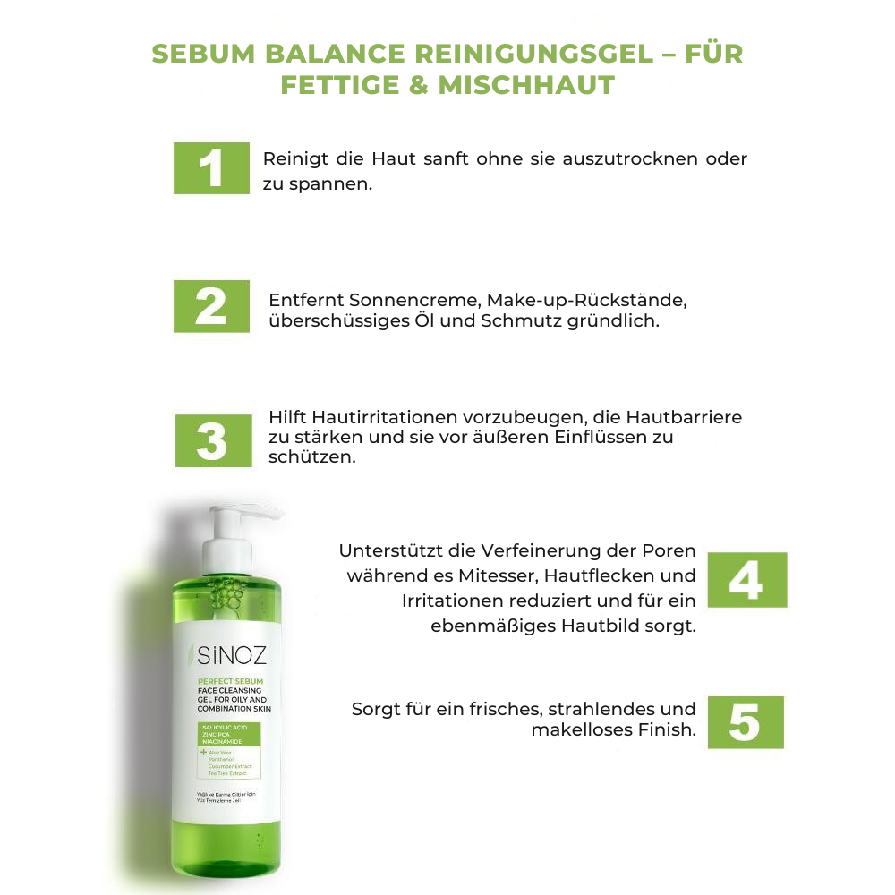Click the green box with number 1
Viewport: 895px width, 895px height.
[211, 167]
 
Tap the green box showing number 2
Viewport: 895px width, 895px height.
[211, 306]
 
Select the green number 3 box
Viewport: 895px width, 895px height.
[211, 440]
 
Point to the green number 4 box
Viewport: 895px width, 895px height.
[746, 580]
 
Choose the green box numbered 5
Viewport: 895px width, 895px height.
[745, 722]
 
